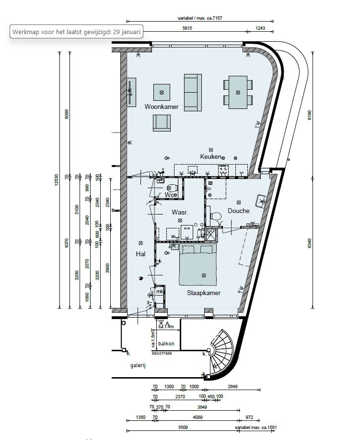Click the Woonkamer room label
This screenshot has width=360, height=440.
pos(162,107)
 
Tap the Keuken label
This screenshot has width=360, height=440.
pos(211,157)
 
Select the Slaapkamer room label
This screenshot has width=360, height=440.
pos(204,293)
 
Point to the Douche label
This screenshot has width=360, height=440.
pos(238,211)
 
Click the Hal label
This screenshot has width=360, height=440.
pos(140,254)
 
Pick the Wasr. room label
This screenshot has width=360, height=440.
pos(179,212)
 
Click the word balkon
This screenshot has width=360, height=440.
pos(166,344)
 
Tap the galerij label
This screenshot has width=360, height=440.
pos(138,366)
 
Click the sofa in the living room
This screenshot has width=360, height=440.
pos(193,92)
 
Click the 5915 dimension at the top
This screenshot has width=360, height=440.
pos(188,29)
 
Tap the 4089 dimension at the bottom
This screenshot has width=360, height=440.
pos(197,417)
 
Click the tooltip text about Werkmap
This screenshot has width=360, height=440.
pos(77,32)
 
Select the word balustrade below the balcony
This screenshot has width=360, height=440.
pos(162,354)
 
